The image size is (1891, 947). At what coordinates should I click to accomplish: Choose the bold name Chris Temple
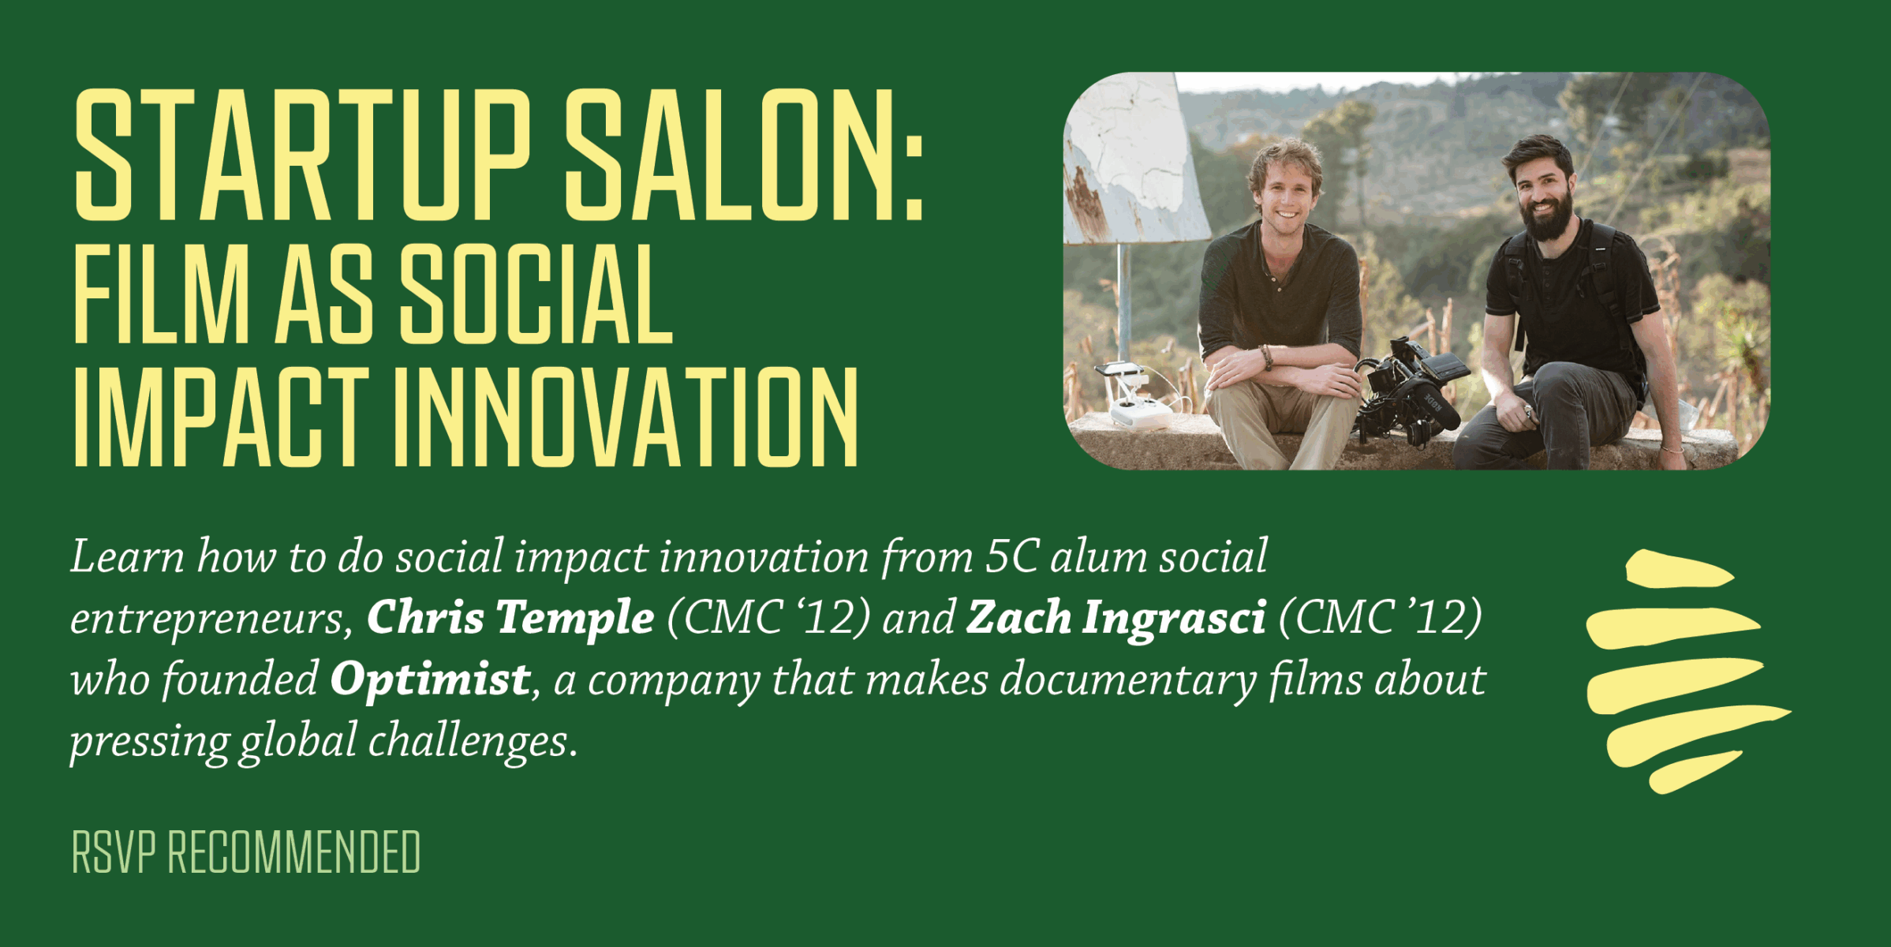pos(510,617)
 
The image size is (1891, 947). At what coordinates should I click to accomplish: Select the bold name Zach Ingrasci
pos(1116,617)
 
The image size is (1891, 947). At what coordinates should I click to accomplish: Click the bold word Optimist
pos(431,679)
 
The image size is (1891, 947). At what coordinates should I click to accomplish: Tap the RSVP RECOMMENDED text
pos(246,852)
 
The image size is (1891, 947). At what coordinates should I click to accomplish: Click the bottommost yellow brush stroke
pos(1694,772)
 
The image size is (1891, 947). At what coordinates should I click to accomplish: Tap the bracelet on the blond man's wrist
pos(1266,357)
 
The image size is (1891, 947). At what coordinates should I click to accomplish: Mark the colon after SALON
pos(914,178)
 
